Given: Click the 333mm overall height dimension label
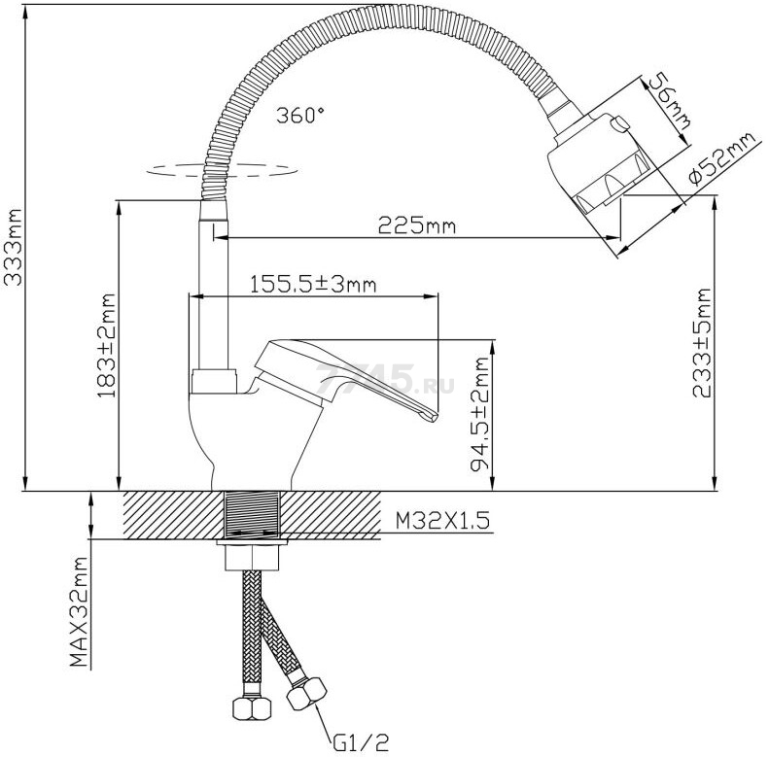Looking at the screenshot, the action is (14, 247).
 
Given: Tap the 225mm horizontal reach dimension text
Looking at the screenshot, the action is (417, 225).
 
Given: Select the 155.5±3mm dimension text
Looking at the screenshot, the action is (313, 285).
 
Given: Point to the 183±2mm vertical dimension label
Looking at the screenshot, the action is (106, 346).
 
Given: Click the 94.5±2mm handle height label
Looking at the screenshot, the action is (479, 414).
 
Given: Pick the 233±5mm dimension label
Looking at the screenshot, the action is (702, 343).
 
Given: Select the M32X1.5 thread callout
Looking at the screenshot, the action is (443, 521).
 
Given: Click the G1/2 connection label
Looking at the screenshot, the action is (361, 742).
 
